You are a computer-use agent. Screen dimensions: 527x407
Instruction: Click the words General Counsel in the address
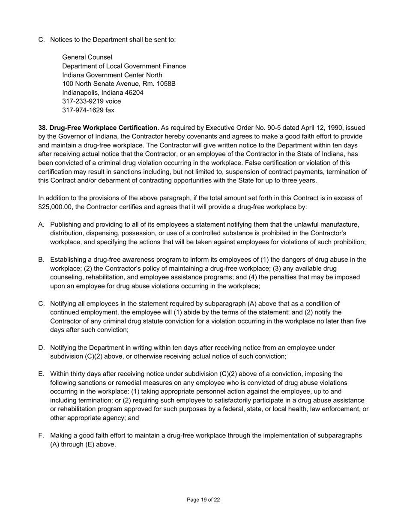(x=87, y=57)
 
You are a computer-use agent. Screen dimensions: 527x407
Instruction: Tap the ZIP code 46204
(x=134, y=93)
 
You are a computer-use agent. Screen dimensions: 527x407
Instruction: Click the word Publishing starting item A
(x=65, y=225)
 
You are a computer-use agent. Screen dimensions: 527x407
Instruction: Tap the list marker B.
(x=41, y=260)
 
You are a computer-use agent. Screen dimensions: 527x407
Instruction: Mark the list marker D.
(x=41, y=347)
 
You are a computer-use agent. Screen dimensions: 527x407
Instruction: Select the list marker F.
(x=41, y=435)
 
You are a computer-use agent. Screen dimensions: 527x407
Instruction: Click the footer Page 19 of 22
(x=203, y=500)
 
